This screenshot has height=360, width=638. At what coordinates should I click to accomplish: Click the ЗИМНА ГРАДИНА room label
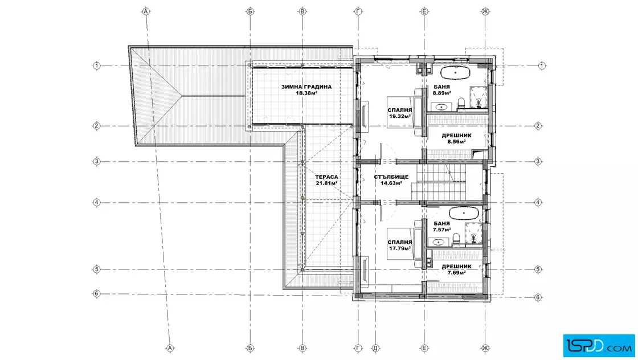(x=306, y=87)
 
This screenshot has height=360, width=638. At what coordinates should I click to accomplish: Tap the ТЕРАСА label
(x=326, y=177)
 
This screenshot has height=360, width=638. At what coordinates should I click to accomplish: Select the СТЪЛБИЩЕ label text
(x=391, y=177)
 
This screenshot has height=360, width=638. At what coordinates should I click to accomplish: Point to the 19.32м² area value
(x=399, y=116)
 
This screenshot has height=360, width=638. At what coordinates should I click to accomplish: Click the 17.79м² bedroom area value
(x=399, y=248)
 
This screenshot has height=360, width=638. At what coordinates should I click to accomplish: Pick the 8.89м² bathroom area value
(x=441, y=93)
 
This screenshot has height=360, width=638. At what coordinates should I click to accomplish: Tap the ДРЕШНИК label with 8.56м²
(x=456, y=136)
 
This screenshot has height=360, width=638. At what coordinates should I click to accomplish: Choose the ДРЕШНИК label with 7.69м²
(x=456, y=267)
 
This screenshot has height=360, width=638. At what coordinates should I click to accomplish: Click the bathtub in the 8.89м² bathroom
(x=456, y=73)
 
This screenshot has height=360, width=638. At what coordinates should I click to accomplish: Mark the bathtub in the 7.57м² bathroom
(x=464, y=212)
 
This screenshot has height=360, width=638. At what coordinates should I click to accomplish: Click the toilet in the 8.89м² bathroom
(x=461, y=104)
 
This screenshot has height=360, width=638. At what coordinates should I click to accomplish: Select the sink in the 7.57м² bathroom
(x=438, y=242)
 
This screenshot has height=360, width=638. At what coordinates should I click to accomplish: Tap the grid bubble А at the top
(x=146, y=11)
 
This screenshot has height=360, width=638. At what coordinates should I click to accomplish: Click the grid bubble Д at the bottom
(x=375, y=348)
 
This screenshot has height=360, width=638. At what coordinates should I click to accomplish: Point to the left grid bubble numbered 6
(x=96, y=293)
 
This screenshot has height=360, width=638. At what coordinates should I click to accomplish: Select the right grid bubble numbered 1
(x=542, y=66)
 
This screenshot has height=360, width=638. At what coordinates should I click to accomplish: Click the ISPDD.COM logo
(x=599, y=346)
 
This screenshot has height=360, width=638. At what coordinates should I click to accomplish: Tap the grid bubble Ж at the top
(x=485, y=11)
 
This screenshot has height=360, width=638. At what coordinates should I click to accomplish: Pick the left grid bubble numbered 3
(x=96, y=162)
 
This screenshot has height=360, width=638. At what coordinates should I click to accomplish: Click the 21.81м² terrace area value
(x=326, y=183)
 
